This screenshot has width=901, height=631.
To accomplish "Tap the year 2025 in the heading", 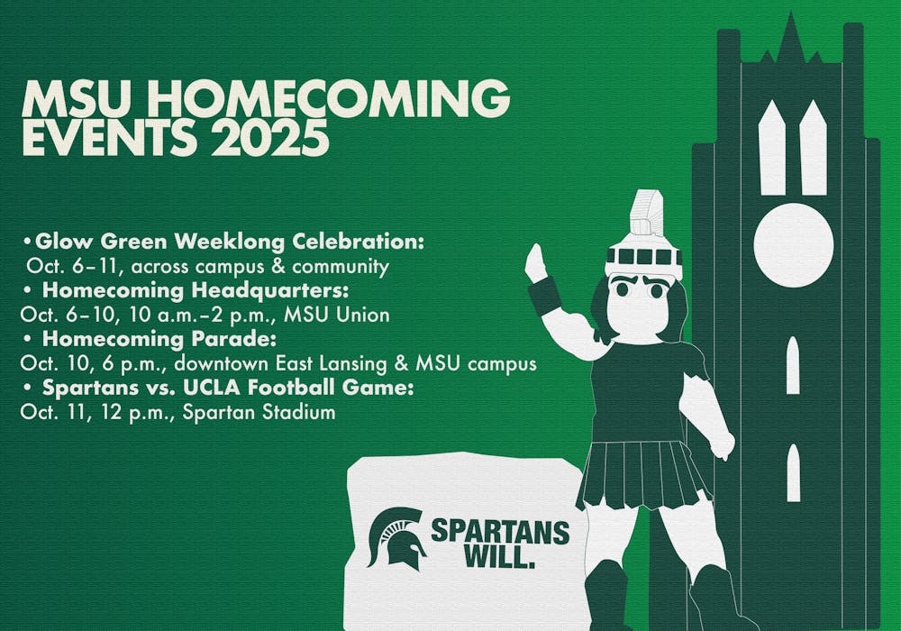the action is [269, 138].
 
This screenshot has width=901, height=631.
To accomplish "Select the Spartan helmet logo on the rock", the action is [396, 536].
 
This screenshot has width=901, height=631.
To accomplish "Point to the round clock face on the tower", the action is [794, 245].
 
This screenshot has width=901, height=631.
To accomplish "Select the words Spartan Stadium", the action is [259, 413].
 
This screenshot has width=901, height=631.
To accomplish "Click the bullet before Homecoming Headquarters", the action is [27, 292].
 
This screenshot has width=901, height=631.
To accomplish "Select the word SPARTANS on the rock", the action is [500, 532].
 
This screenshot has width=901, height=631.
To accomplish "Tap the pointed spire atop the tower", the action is [791, 37].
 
